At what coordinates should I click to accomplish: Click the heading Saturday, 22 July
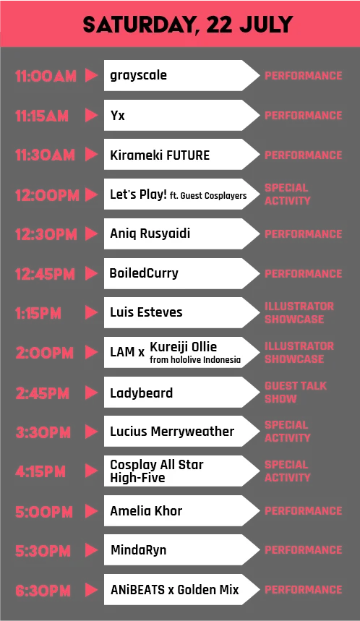[188, 25]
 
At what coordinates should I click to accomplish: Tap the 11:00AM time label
[46, 76]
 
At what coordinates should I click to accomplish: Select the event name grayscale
[138, 75]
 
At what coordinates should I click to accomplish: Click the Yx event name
[118, 115]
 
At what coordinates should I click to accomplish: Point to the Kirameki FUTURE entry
[160, 155]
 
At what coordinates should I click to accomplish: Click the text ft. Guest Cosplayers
[208, 196]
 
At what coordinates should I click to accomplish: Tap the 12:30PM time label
[46, 234]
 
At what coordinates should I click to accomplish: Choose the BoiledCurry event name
[144, 273]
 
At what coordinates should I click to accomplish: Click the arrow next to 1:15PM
[92, 313]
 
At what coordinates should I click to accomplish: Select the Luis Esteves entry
[146, 312]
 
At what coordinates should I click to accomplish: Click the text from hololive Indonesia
[195, 360]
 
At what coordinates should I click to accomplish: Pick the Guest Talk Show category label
[296, 392]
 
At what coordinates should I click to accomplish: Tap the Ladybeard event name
[142, 393]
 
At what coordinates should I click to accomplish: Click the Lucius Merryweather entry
[172, 432]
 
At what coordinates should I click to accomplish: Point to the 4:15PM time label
[40, 471]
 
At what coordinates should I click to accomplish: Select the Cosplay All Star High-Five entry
[157, 471]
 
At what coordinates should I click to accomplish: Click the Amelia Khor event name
[146, 511]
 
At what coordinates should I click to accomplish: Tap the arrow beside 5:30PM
[92, 550]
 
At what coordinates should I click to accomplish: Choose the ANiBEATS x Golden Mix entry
[175, 590]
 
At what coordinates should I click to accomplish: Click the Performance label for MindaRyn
[304, 550]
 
